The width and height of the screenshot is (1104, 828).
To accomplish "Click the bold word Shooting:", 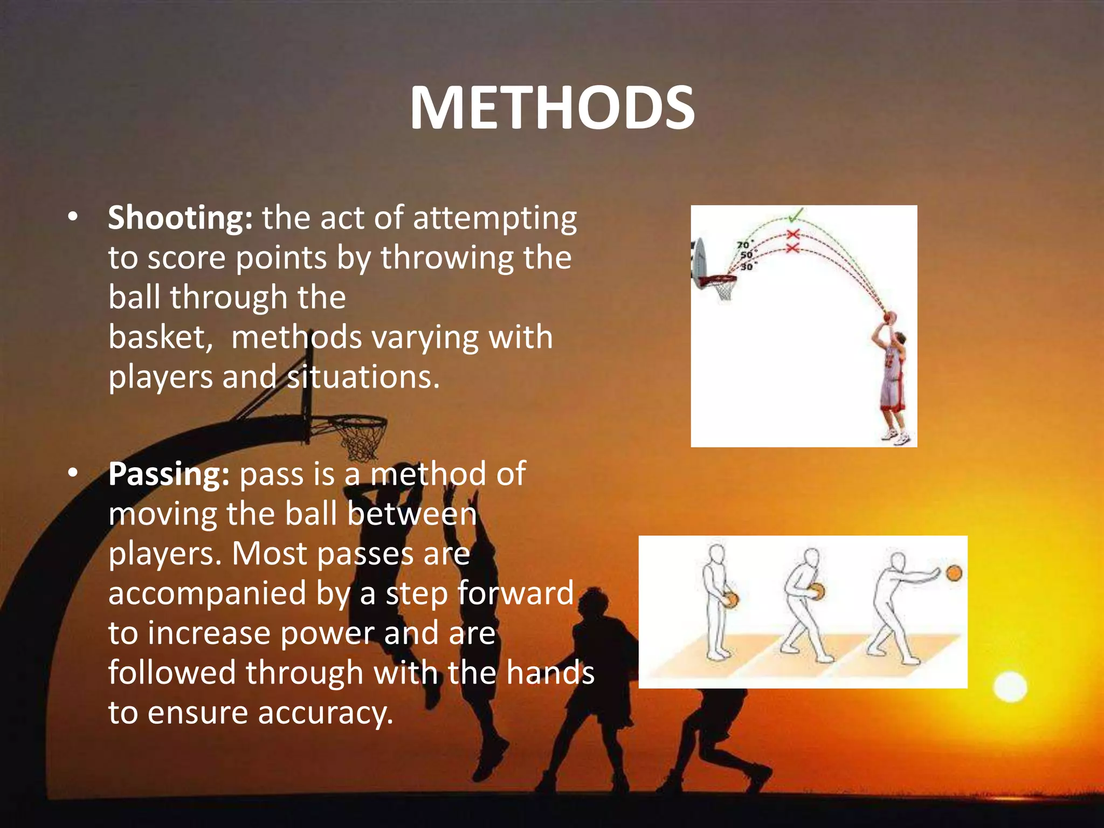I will pos(180,218).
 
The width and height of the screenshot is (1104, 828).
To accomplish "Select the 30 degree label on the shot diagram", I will pos(747,266).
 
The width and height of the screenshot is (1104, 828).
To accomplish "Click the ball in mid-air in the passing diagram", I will pos(954,572).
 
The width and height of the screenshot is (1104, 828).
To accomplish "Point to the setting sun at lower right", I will pos(1010,687).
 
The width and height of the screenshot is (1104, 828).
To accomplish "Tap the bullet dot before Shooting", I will pos(73,218).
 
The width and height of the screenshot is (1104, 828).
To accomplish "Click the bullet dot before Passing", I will pos(73,474).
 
